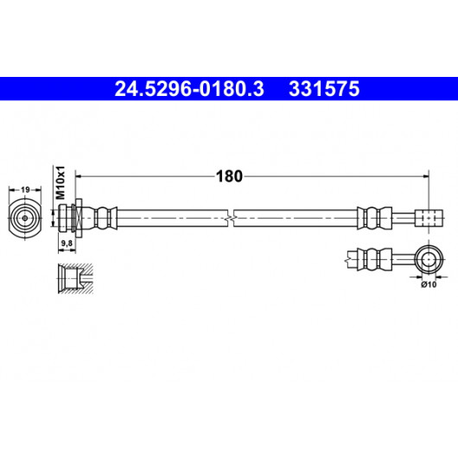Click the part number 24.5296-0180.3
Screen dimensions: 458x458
coord(189,89)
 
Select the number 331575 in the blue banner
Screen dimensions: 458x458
coord(324,89)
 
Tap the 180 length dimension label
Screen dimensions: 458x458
coord(229,176)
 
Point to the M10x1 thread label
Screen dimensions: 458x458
coord(60,182)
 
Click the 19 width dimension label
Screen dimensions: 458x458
coord(25,190)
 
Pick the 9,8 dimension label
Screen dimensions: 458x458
coord(67,243)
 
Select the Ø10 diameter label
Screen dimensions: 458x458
coord(429,284)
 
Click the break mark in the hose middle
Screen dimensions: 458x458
coord(231,218)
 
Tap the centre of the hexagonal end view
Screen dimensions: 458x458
coord(25,218)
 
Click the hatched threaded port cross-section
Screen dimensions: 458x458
coord(76,278)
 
